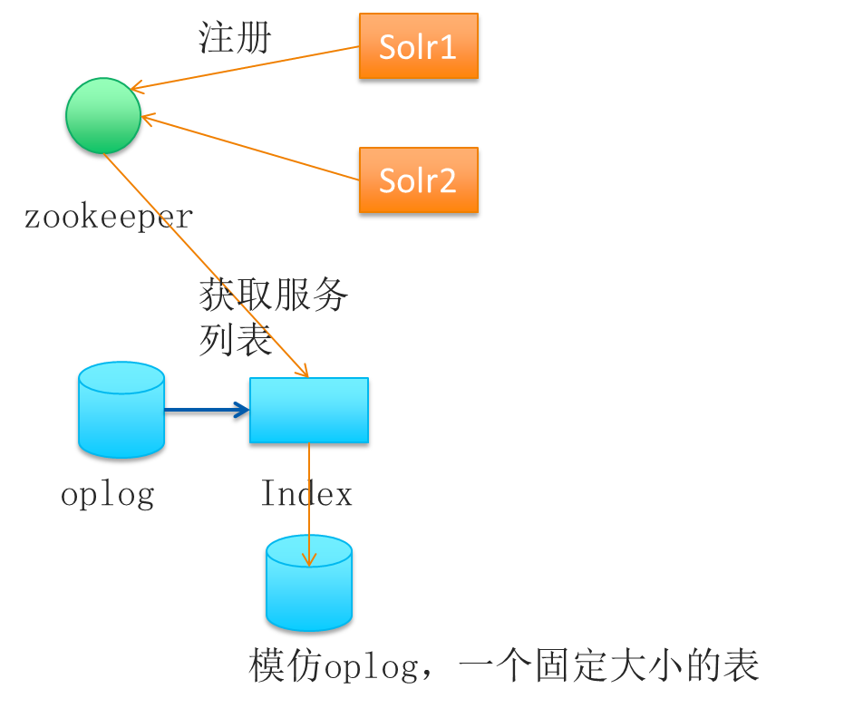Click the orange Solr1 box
418,47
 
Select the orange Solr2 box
418,180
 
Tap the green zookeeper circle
104,115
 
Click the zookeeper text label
108,217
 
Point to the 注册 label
234,39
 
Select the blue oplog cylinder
121,412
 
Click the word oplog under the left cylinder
107,494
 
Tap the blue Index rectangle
309,411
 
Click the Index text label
306,494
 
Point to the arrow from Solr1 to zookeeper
245,68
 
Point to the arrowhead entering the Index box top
305,372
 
